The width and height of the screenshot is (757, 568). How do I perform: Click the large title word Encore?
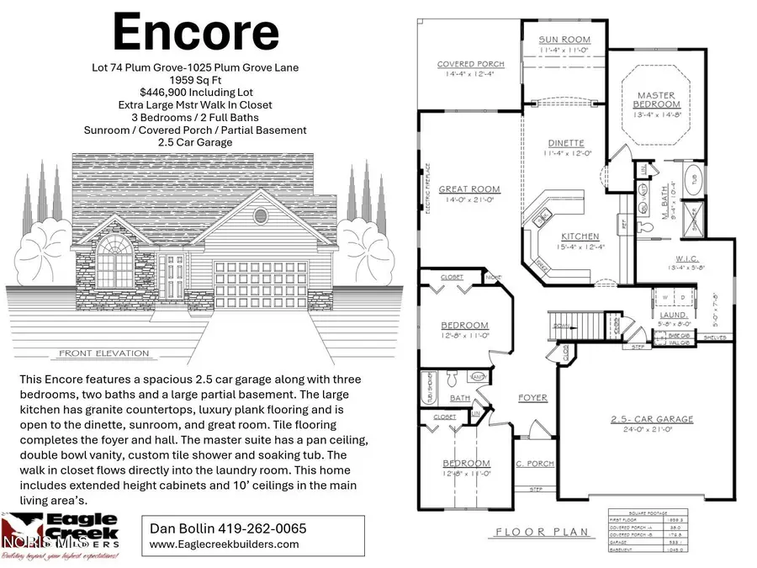point(195,32)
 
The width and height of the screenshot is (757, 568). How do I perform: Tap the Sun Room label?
point(564,40)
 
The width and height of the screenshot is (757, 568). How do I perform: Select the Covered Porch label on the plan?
point(470,65)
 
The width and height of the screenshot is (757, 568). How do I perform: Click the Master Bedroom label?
point(658,99)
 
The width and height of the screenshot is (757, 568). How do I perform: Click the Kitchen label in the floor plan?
point(580,236)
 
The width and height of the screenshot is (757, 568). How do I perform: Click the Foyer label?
point(532,397)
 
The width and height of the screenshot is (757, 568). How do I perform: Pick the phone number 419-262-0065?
point(257,528)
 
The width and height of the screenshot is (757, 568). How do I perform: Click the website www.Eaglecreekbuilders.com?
point(224,544)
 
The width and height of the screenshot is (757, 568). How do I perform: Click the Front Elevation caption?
point(104,353)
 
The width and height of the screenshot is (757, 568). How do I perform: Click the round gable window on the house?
point(261,214)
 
